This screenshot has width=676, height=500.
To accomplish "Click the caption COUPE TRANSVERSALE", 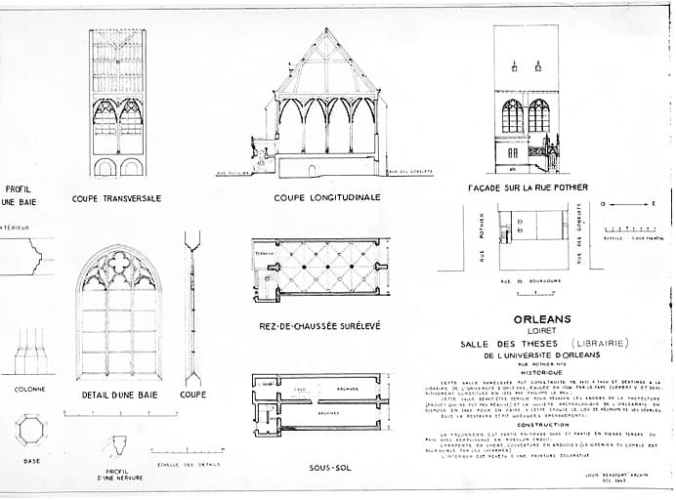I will click(116, 198).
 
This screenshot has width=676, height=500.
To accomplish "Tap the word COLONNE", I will click(29, 389).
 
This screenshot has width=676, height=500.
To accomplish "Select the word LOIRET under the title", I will click(540, 330).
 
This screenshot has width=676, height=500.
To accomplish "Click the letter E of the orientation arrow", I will click(655, 204).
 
